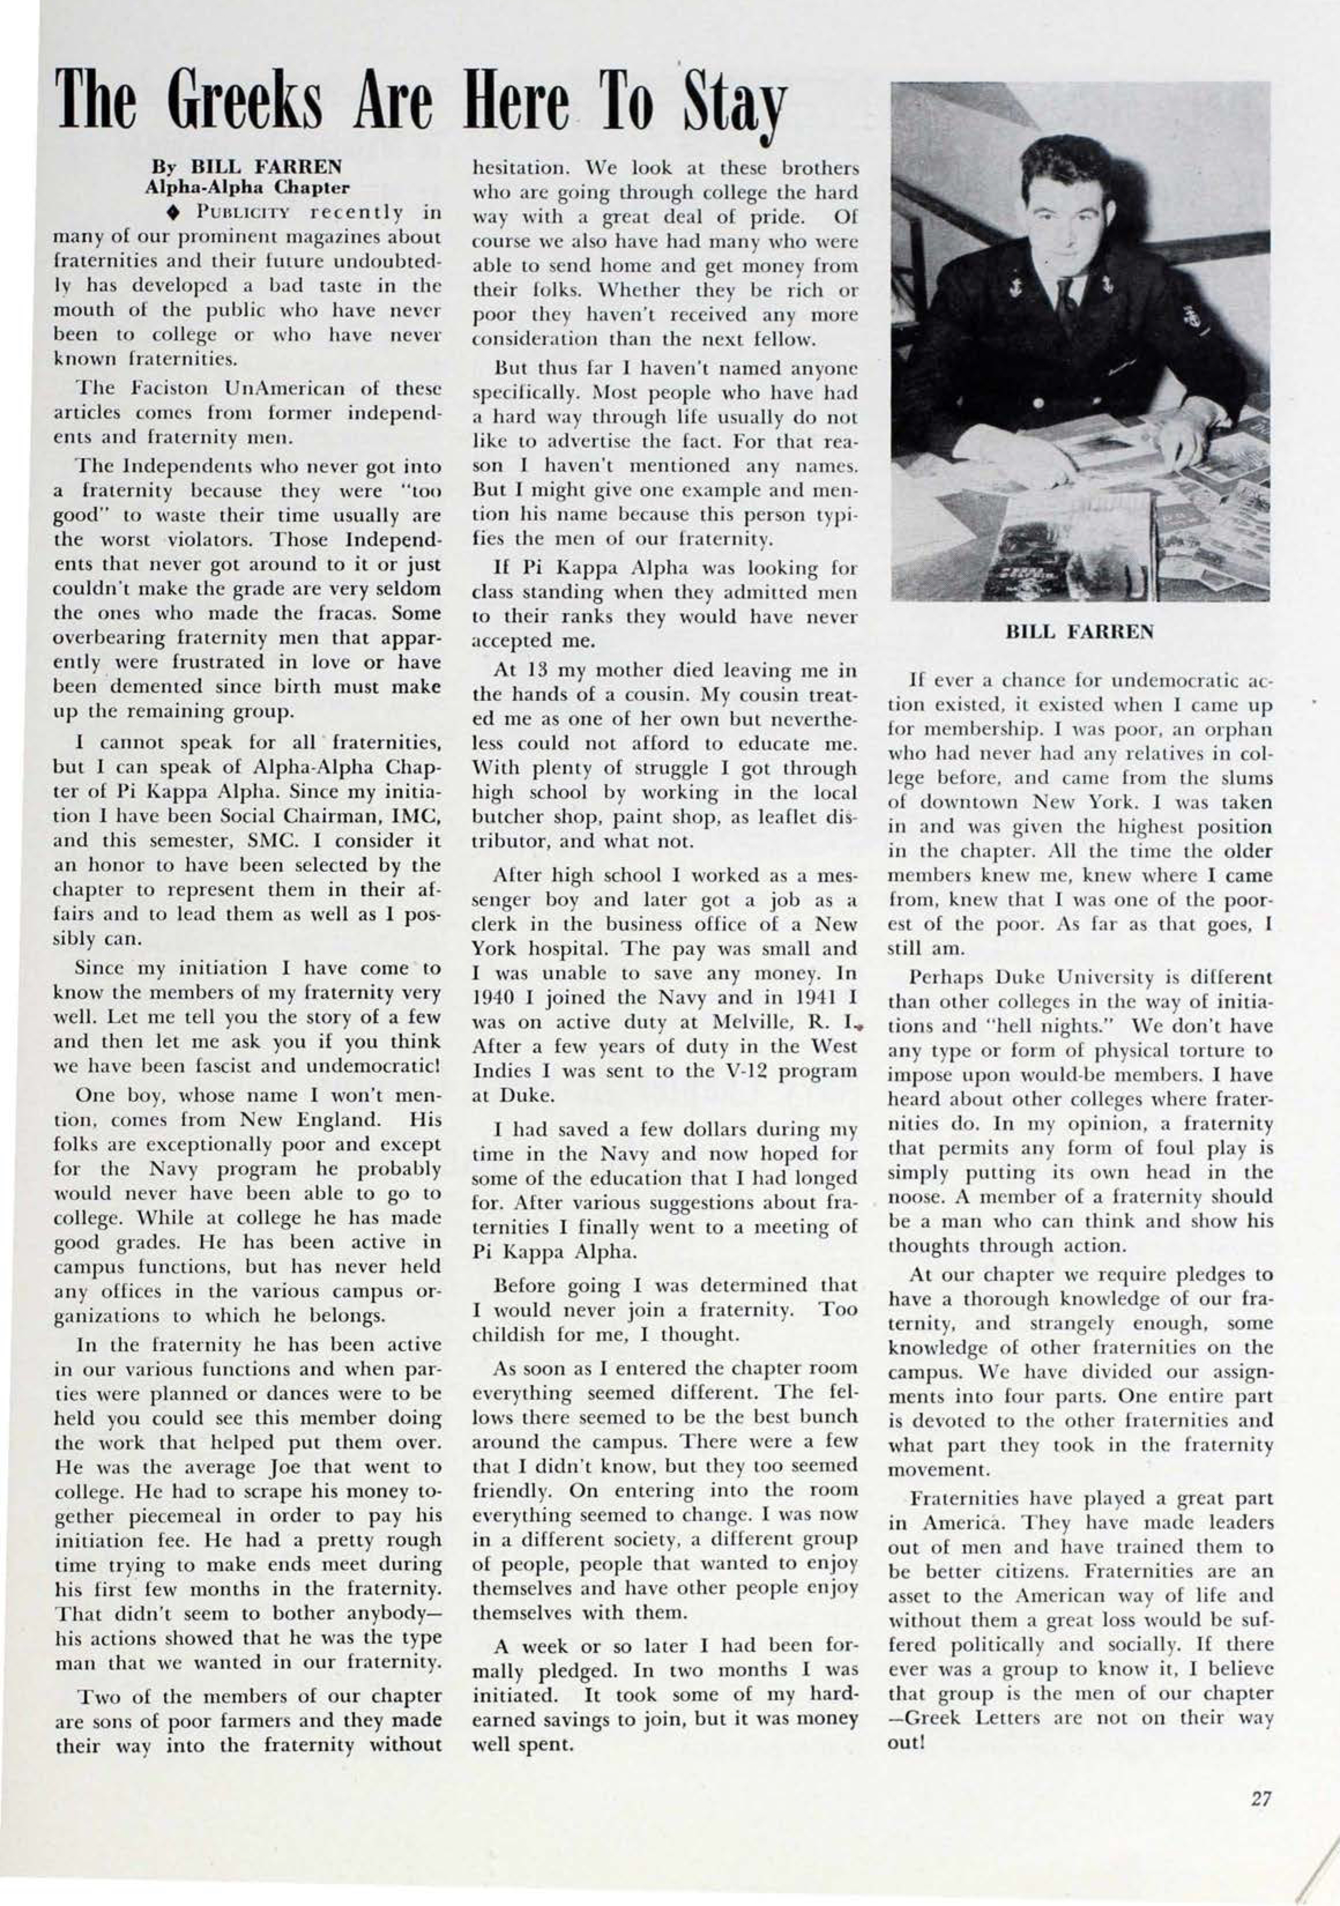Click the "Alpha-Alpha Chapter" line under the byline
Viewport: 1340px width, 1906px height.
click(x=247, y=187)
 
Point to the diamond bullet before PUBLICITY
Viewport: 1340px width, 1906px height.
click(x=173, y=211)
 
